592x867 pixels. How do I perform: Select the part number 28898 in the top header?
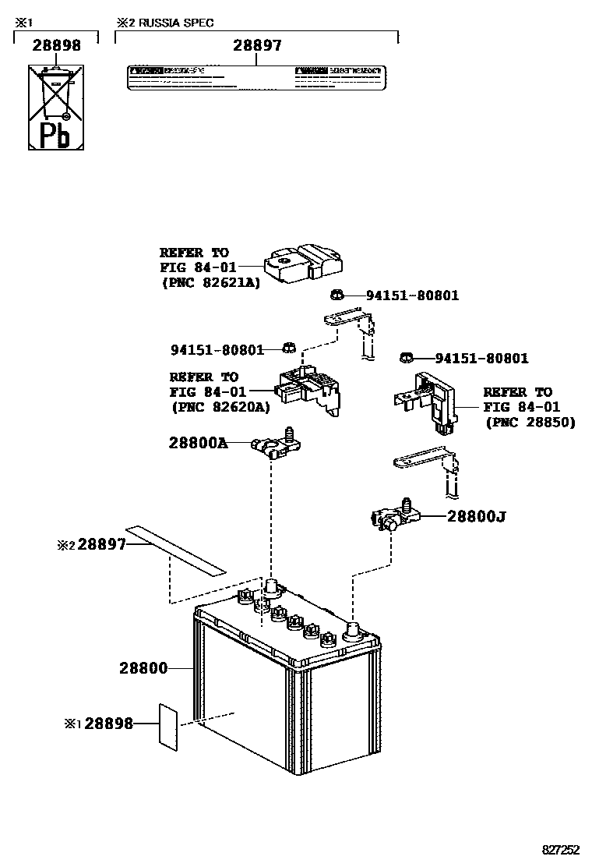(56, 46)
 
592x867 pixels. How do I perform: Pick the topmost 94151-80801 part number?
(412, 295)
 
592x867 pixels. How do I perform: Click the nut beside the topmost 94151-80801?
(337, 295)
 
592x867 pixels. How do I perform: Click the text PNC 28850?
(530, 422)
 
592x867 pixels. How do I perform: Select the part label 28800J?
(476, 516)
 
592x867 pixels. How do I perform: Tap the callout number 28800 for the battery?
(143, 667)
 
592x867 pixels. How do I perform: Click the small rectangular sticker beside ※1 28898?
(167, 724)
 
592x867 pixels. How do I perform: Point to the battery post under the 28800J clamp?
(353, 631)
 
